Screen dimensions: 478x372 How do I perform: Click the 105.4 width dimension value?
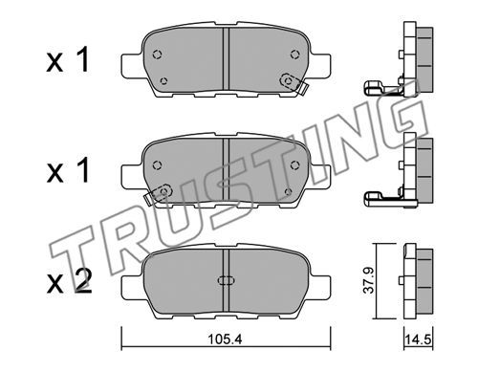225,339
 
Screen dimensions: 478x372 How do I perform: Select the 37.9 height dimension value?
369,280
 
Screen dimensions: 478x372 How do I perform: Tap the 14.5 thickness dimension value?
419,339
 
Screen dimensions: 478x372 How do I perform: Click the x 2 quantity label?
70,281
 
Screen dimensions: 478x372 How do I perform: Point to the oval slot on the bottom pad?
226,280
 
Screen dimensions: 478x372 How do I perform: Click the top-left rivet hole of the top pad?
158,55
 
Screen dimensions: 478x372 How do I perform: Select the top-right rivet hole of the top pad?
294,55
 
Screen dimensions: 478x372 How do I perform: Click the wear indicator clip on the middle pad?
159,194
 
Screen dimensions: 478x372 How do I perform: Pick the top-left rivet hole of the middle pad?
158,164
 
